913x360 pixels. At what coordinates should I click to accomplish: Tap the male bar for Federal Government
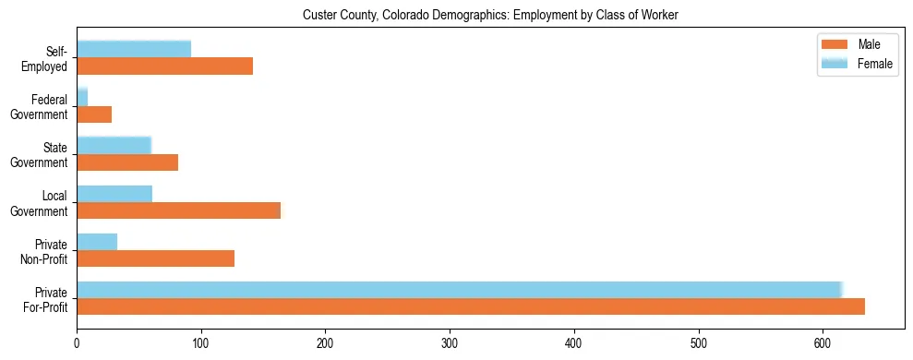pyautogui.click(x=94, y=114)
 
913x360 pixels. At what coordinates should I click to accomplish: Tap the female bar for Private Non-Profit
pyautogui.click(x=97, y=242)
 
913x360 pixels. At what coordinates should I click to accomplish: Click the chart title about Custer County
pyautogui.click(x=490, y=15)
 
